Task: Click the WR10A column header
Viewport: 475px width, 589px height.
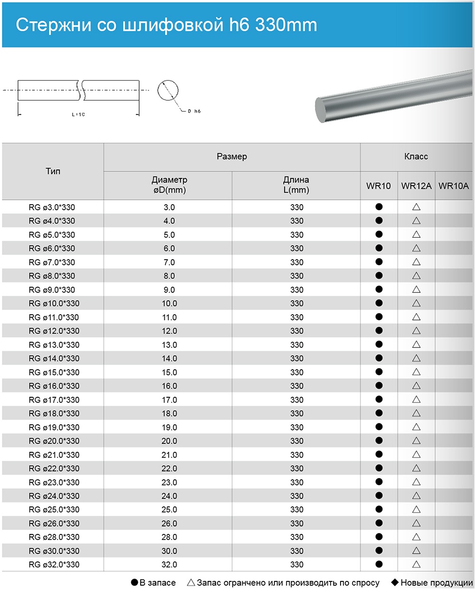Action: coord(454,186)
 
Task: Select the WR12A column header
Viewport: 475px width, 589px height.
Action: coord(416,186)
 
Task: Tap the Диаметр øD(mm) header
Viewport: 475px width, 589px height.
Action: coord(169,185)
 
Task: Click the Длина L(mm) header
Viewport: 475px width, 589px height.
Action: coord(296,185)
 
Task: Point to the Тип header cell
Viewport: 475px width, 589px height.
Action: coord(53,171)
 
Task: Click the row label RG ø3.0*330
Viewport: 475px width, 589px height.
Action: coord(52,207)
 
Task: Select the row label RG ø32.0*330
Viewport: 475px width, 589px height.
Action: coord(54,564)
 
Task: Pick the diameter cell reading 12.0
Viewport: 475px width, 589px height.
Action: coord(169,331)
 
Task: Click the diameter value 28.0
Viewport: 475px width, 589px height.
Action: coord(169,537)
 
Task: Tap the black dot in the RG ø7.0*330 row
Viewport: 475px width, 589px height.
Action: coord(379,262)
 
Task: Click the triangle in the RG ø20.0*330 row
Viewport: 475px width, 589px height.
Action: coord(416,440)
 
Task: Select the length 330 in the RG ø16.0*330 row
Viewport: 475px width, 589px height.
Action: coord(297,386)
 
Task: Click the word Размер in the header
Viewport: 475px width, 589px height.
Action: coord(232,157)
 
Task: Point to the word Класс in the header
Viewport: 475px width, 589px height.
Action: coord(416,157)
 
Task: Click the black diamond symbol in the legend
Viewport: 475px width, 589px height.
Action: coord(394,582)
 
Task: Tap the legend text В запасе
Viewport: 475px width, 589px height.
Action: coord(157,582)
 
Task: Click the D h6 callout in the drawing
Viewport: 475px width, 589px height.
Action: coord(194,111)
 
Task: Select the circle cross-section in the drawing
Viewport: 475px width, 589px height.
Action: coord(168,90)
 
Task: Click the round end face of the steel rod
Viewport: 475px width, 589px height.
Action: coord(326,109)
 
